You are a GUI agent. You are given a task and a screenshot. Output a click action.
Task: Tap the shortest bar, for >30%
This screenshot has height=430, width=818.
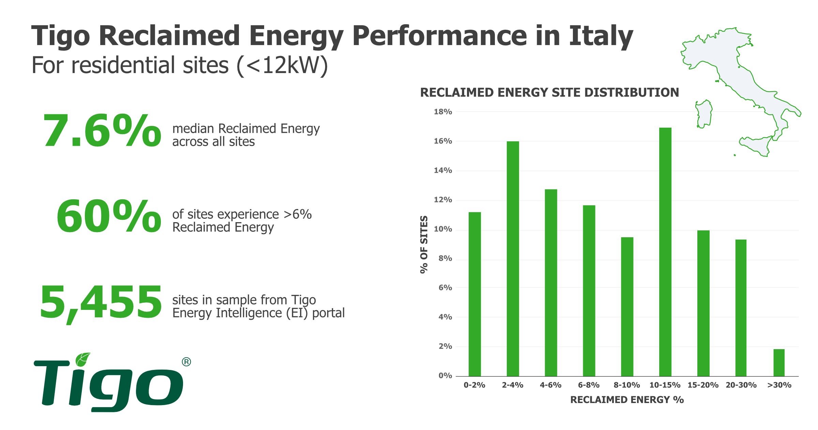(x=779, y=362)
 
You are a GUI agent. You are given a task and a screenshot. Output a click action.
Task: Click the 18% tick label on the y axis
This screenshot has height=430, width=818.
(x=443, y=112)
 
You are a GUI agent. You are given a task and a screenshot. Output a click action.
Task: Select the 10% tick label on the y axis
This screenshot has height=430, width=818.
(x=443, y=229)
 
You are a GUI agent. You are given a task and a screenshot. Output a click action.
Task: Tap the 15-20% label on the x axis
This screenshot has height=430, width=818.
(x=703, y=385)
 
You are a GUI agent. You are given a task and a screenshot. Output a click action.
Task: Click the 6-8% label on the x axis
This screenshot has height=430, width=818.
(x=589, y=385)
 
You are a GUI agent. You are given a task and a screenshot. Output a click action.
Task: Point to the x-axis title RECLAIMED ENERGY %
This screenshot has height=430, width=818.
(x=627, y=400)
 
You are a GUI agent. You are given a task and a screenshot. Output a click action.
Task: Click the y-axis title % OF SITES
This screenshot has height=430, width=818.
(x=424, y=244)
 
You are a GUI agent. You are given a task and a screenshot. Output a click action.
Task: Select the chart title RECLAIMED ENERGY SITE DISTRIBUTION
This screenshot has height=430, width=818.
(x=549, y=92)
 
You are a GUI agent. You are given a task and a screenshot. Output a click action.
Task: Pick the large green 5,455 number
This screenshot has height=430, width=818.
(x=101, y=302)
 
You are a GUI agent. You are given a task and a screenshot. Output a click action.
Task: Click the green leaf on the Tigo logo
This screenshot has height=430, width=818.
(x=83, y=359)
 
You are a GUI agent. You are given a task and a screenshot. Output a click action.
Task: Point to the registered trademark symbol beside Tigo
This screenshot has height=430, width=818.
(x=186, y=362)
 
